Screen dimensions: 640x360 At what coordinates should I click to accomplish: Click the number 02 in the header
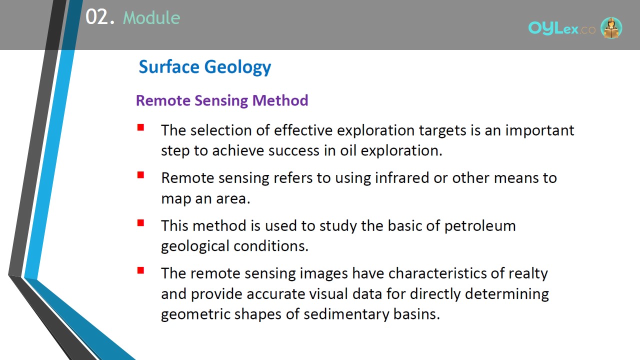click(96, 17)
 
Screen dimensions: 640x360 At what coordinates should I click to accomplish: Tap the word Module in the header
click(151, 17)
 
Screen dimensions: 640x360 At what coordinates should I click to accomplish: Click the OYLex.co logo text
click(561, 28)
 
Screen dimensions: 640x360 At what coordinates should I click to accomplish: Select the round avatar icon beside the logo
click(611, 27)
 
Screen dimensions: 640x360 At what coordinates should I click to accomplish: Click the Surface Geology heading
click(205, 67)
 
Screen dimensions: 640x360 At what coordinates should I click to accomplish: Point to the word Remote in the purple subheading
click(163, 100)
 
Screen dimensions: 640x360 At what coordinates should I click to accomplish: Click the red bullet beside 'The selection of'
click(140, 127)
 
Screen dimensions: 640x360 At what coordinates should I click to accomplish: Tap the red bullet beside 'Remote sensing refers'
click(140, 175)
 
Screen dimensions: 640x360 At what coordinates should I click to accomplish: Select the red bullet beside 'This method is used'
click(140, 223)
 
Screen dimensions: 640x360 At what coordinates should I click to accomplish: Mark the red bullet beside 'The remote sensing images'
click(140, 270)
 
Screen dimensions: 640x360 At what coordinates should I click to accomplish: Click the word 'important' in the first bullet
click(539, 131)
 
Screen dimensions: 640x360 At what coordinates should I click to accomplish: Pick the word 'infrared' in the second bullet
click(401, 177)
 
